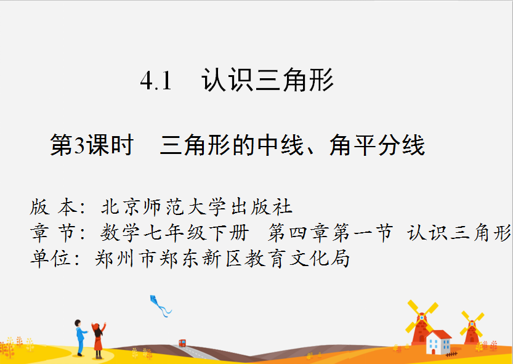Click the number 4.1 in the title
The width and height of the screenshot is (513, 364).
click(x=156, y=81)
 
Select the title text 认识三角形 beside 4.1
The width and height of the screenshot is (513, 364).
click(x=267, y=79)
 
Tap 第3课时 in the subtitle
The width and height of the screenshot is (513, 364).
click(x=92, y=145)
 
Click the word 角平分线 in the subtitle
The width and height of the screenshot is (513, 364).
click(x=377, y=145)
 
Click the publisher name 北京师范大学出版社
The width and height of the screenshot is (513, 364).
click(x=196, y=207)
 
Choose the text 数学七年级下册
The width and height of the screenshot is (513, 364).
click(x=174, y=233)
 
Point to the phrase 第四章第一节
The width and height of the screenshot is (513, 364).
click(x=331, y=233)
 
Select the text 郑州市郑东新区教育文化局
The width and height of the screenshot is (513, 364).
click(x=222, y=259)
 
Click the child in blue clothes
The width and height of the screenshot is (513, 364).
click(x=80, y=338)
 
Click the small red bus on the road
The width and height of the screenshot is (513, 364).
click(x=182, y=343)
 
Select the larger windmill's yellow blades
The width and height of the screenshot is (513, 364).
click(x=422, y=317)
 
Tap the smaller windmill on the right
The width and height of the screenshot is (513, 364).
click(x=472, y=328)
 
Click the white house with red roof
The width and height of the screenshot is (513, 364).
click(x=438, y=342)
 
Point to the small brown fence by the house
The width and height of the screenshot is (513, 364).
click(x=451, y=354)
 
